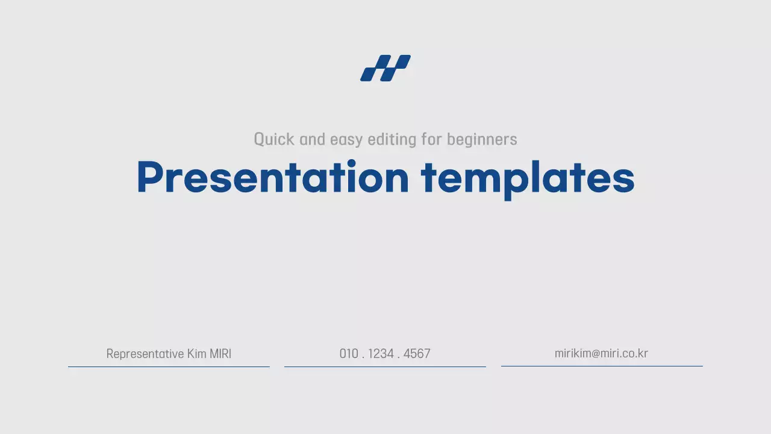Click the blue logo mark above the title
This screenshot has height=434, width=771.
click(x=385, y=68)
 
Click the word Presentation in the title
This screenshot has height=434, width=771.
click(x=273, y=177)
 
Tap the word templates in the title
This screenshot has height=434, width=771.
click(x=528, y=177)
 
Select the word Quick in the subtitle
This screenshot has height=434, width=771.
click(x=274, y=140)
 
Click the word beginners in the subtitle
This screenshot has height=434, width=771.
click(x=482, y=140)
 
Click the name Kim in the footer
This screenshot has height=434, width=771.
click(x=196, y=354)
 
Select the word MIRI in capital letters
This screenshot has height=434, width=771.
click(x=220, y=354)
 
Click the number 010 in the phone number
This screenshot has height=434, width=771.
click(x=349, y=354)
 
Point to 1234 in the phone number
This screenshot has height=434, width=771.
click(x=381, y=354)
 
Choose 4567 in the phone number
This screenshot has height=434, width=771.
click(x=417, y=354)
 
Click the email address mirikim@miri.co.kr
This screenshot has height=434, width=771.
click(x=601, y=353)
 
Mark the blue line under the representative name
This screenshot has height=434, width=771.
click(x=169, y=366)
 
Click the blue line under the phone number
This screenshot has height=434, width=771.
click(x=385, y=366)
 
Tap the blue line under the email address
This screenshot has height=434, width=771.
click(x=602, y=366)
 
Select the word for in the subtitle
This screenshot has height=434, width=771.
click(x=431, y=140)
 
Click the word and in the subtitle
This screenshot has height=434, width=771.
click(x=312, y=140)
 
